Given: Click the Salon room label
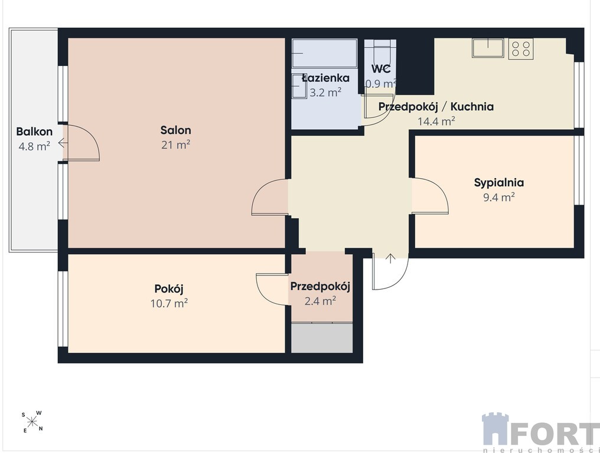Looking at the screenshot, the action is pyautogui.click(x=175, y=130).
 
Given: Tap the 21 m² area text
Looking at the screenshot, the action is pyautogui.click(x=175, y=145).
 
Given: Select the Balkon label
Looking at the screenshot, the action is pyautogui.click(x=34, y=132).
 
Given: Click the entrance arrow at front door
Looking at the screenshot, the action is pyautogui.click(x=390, y=258).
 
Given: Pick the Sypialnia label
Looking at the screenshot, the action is pyautogui.click(x=499, y=182).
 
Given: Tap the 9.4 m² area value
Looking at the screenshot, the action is pyautogui.click(x=499, y=197).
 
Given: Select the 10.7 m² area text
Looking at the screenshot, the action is pyautogui.click(x=169, y=304).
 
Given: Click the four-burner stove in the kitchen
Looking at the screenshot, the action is pyautogui.click(x=521, y=48).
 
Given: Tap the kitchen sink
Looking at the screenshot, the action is pyautogui.click(x=488, y=48).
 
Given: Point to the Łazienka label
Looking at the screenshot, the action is pyautogui.click(x=325, y=78).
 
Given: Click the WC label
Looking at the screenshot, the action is pyautogui.click(x=381, y=69).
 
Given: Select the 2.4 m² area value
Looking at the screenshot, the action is pyautogui.click(x=320, y=301).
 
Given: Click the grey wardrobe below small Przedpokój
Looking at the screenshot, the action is pyautogui.click(x=322, y=338).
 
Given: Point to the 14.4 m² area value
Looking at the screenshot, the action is pyautogui.click(x=436, y=122).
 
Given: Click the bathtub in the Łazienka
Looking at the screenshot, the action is pyautogui.click(x=324, y=53).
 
